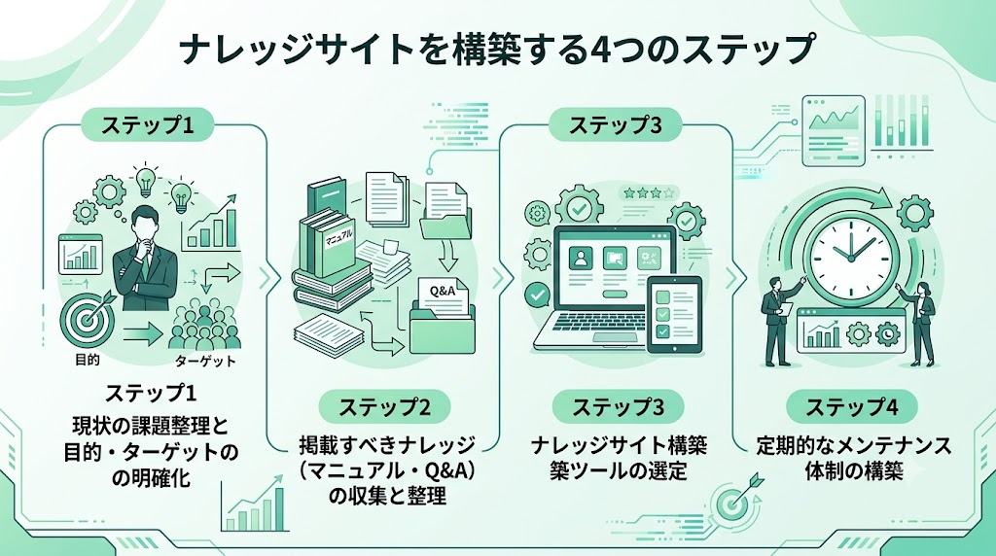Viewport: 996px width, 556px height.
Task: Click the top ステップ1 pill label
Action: (147, 124)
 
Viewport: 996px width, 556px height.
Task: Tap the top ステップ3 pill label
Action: (615, 124)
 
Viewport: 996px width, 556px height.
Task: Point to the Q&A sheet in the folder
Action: (444, 296)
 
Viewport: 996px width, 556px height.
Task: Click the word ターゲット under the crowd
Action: (205, 362)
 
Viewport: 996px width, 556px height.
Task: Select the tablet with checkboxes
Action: (674, 314)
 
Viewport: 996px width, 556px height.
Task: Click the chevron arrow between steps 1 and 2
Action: (269, 278)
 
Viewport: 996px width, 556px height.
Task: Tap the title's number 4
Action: (596, 51)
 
